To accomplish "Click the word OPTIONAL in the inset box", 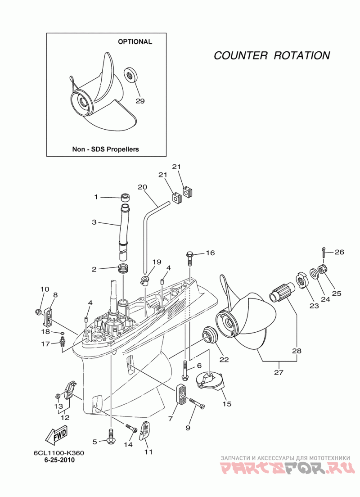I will [x=135, y=42].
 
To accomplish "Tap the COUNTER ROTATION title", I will [x=272, y=55].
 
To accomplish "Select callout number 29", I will [x=140, y=101].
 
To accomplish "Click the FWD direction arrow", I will [x=56, y=435].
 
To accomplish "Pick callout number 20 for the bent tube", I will [x=142, y=187].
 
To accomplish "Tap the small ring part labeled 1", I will [x=126, y=197].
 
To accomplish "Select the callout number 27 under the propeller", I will [x=279, y=372].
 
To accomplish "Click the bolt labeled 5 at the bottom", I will [x=111, y=436].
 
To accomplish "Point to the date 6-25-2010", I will [x=59, y=460].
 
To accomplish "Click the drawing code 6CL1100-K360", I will [x=59, y=453].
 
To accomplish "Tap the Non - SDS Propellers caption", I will [x=106, y=149].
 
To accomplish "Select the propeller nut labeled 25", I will [x=322, y=270].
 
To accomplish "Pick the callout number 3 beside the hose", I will [x=94, y=222].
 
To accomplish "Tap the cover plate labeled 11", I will [x=144, y=429].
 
